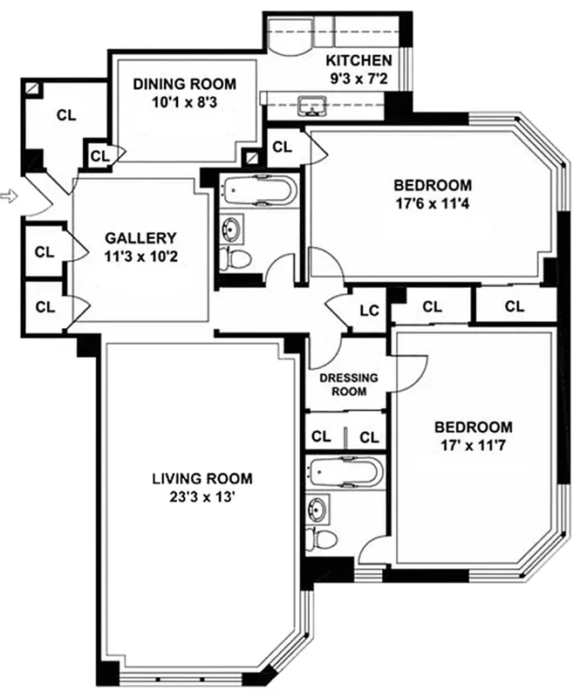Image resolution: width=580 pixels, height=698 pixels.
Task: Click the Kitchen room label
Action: pyautogui.click(x=358, y=61)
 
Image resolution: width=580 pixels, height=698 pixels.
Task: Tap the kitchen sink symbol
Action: pyautogui.click(x=310, y=106)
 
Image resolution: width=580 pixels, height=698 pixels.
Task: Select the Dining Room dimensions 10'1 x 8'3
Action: pyautogui.click(x=184, y=101)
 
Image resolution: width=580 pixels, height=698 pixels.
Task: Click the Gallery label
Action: pyautogui.click(x=140, y=237)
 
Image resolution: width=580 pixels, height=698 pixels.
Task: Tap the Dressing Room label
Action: pyautogui.click(x=348, y=385)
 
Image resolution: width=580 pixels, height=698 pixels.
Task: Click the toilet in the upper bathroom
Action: pyautogui.click(x=237, y=259)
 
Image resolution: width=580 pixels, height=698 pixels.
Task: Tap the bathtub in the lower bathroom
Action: pyautogui.click(x=345, y=472)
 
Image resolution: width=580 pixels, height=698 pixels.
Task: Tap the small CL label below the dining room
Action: pyautogui.click(x=99, y=156)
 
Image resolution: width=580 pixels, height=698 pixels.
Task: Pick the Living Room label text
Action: pyautogui.click(x=201, y=478)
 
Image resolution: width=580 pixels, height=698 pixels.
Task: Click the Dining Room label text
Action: pyautogui.click(x=184, y=84)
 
